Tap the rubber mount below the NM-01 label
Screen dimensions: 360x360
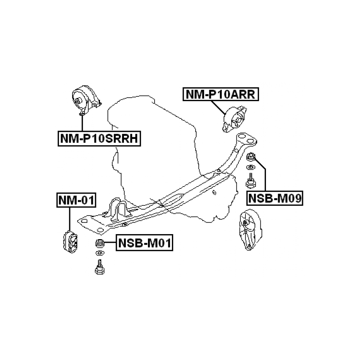(70, 241)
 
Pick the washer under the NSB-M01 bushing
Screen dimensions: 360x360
(100, 254)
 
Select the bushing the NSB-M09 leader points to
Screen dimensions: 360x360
(251, 158)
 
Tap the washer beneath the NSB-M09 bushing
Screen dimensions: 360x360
(250, 169)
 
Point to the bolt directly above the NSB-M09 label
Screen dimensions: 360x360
(249, 181)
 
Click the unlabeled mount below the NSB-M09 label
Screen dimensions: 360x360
(250, 231)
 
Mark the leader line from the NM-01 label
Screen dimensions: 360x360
(70, 218)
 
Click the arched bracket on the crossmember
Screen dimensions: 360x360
(118, 208)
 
